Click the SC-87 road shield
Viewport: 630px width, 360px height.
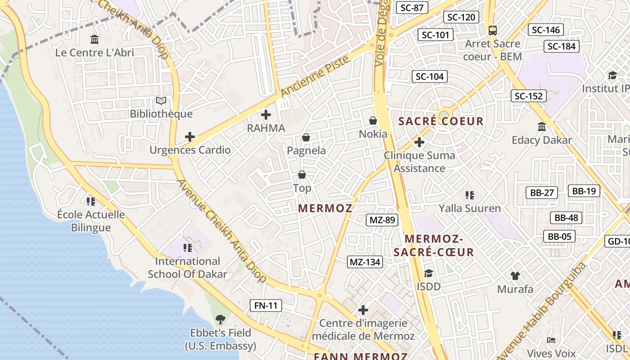pos(412,8)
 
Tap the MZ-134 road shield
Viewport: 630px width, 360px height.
pos(365,261)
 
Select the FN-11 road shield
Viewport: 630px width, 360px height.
pos(266,306)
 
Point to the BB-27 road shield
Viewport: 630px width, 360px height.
pos(542,193)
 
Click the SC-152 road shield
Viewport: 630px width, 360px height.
pos(528,96)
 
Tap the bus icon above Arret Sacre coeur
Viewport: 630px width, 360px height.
pos(493,31)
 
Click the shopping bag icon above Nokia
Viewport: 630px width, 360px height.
pos(373,121)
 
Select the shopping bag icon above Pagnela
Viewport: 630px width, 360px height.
pos(306,137)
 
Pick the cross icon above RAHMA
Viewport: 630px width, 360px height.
pos(266,115)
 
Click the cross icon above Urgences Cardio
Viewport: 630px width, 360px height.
pos(190,137)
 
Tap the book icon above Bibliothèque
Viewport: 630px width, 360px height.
pos(161,101)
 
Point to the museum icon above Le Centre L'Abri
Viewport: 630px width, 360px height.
pos(94,39)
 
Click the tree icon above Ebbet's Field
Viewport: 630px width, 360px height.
pos(220,319)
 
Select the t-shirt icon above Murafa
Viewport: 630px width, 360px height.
pos(515,275)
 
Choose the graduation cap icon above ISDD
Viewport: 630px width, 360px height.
pos(428,273)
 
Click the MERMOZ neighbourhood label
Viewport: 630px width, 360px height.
pos(325,208)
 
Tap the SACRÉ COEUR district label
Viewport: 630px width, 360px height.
pos(441,121)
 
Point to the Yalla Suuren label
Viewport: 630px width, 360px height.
pos(470,208)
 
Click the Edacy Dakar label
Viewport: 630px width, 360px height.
pos(542,140)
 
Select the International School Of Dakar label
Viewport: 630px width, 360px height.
pos(187,268)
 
